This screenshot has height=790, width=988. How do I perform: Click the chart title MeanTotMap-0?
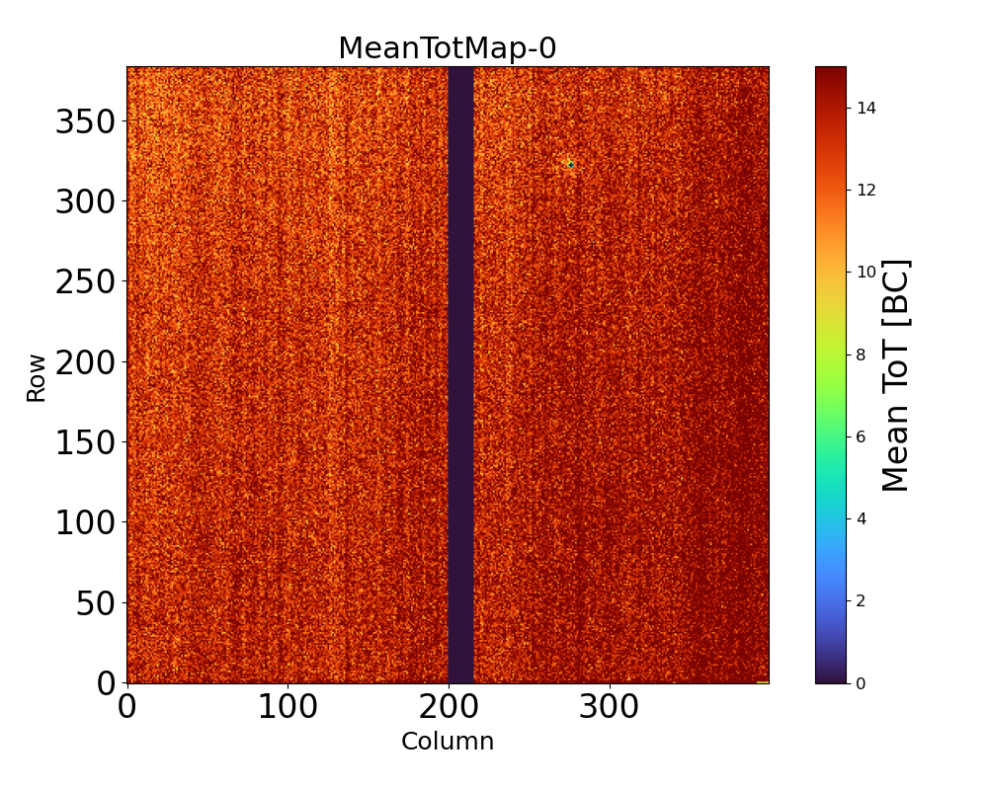(x=448, y=48)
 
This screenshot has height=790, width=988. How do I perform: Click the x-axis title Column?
(x=448, y=742)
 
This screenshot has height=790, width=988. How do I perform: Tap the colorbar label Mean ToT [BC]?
(x=895, y=375)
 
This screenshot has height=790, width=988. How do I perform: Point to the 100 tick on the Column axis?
(x=288, y=708)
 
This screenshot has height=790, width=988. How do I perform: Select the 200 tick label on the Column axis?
(x=449, y=708)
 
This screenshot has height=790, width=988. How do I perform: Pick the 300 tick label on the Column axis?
(x=609, y=708)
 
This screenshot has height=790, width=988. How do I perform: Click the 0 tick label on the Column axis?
(x=127, y=708)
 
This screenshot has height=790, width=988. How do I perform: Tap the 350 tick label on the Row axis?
(x=85, y=121)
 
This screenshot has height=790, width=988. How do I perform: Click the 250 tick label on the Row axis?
(x=85, y=282)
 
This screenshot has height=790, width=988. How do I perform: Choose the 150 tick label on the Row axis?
(x=85, y=442)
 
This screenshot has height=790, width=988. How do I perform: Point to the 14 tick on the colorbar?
(x=866, y=108)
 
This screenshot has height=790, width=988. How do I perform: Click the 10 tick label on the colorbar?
(x=866, y=272)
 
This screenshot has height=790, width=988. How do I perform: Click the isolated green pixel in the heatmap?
(x=570, y=164)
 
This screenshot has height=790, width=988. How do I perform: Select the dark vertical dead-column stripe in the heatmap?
(x=461, y=375)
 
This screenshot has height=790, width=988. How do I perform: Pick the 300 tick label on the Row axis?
(x=85, y=201)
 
